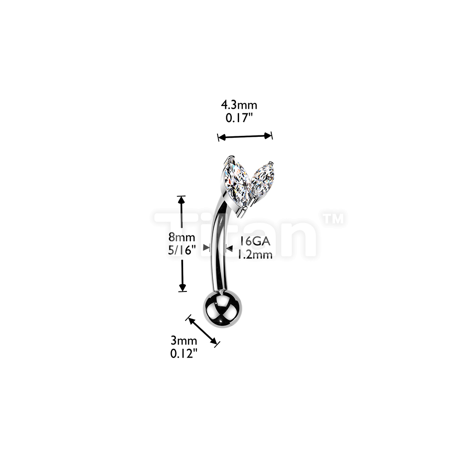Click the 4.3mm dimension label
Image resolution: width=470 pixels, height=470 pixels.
(239, 105)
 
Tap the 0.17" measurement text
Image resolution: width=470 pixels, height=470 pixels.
(238, 118)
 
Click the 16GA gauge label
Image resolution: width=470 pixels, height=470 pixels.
(255, 241)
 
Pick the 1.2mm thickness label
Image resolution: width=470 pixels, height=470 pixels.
(255, 254)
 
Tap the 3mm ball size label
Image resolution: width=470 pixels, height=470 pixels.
(184, 341)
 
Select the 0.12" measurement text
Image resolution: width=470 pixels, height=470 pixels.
(184, 354)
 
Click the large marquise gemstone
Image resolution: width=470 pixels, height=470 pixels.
(236, 185)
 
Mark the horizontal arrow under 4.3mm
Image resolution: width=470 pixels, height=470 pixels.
(245, 136)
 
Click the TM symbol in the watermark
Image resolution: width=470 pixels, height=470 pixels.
(333, 218)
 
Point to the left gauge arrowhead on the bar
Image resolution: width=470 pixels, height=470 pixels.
(207, 247)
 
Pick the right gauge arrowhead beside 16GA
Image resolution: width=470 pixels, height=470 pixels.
(229, 248)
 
